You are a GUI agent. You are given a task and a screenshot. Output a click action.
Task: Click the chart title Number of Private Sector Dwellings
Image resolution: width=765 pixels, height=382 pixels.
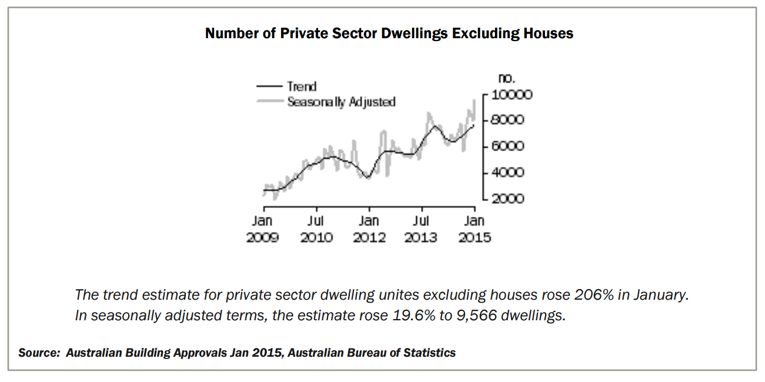click(x=389, y=33)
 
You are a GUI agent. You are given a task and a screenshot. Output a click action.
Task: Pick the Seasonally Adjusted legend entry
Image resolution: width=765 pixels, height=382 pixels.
click(x=341, y=102)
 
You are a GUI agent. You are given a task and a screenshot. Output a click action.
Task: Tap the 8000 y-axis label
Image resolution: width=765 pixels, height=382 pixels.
click(x=507, y=120)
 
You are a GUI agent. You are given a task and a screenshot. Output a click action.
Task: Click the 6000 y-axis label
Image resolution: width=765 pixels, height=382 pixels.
click(x=507, y=146)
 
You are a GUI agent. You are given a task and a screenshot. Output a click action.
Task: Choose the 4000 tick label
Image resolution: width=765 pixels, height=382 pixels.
click(x=507, y=173)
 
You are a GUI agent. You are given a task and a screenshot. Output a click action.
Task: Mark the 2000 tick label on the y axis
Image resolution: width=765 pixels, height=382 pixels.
click(x=507, y=199)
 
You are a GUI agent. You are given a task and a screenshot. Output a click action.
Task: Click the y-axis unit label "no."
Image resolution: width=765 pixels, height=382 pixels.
click(x=506, y=78)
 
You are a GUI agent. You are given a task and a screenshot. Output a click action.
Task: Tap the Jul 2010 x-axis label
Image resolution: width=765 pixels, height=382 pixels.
click(x=316, y=229)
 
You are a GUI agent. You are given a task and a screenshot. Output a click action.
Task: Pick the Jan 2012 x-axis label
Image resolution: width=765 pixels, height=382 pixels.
click(x=369, y=229)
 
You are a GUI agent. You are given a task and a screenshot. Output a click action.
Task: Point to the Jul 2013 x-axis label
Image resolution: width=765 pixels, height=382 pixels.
click(x=421, y=229)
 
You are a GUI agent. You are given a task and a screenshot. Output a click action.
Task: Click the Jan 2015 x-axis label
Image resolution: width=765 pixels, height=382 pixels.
click(x=474, y=229)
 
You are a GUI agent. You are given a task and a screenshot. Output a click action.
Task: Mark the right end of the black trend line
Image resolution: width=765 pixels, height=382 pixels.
click(x=474, y=125)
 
